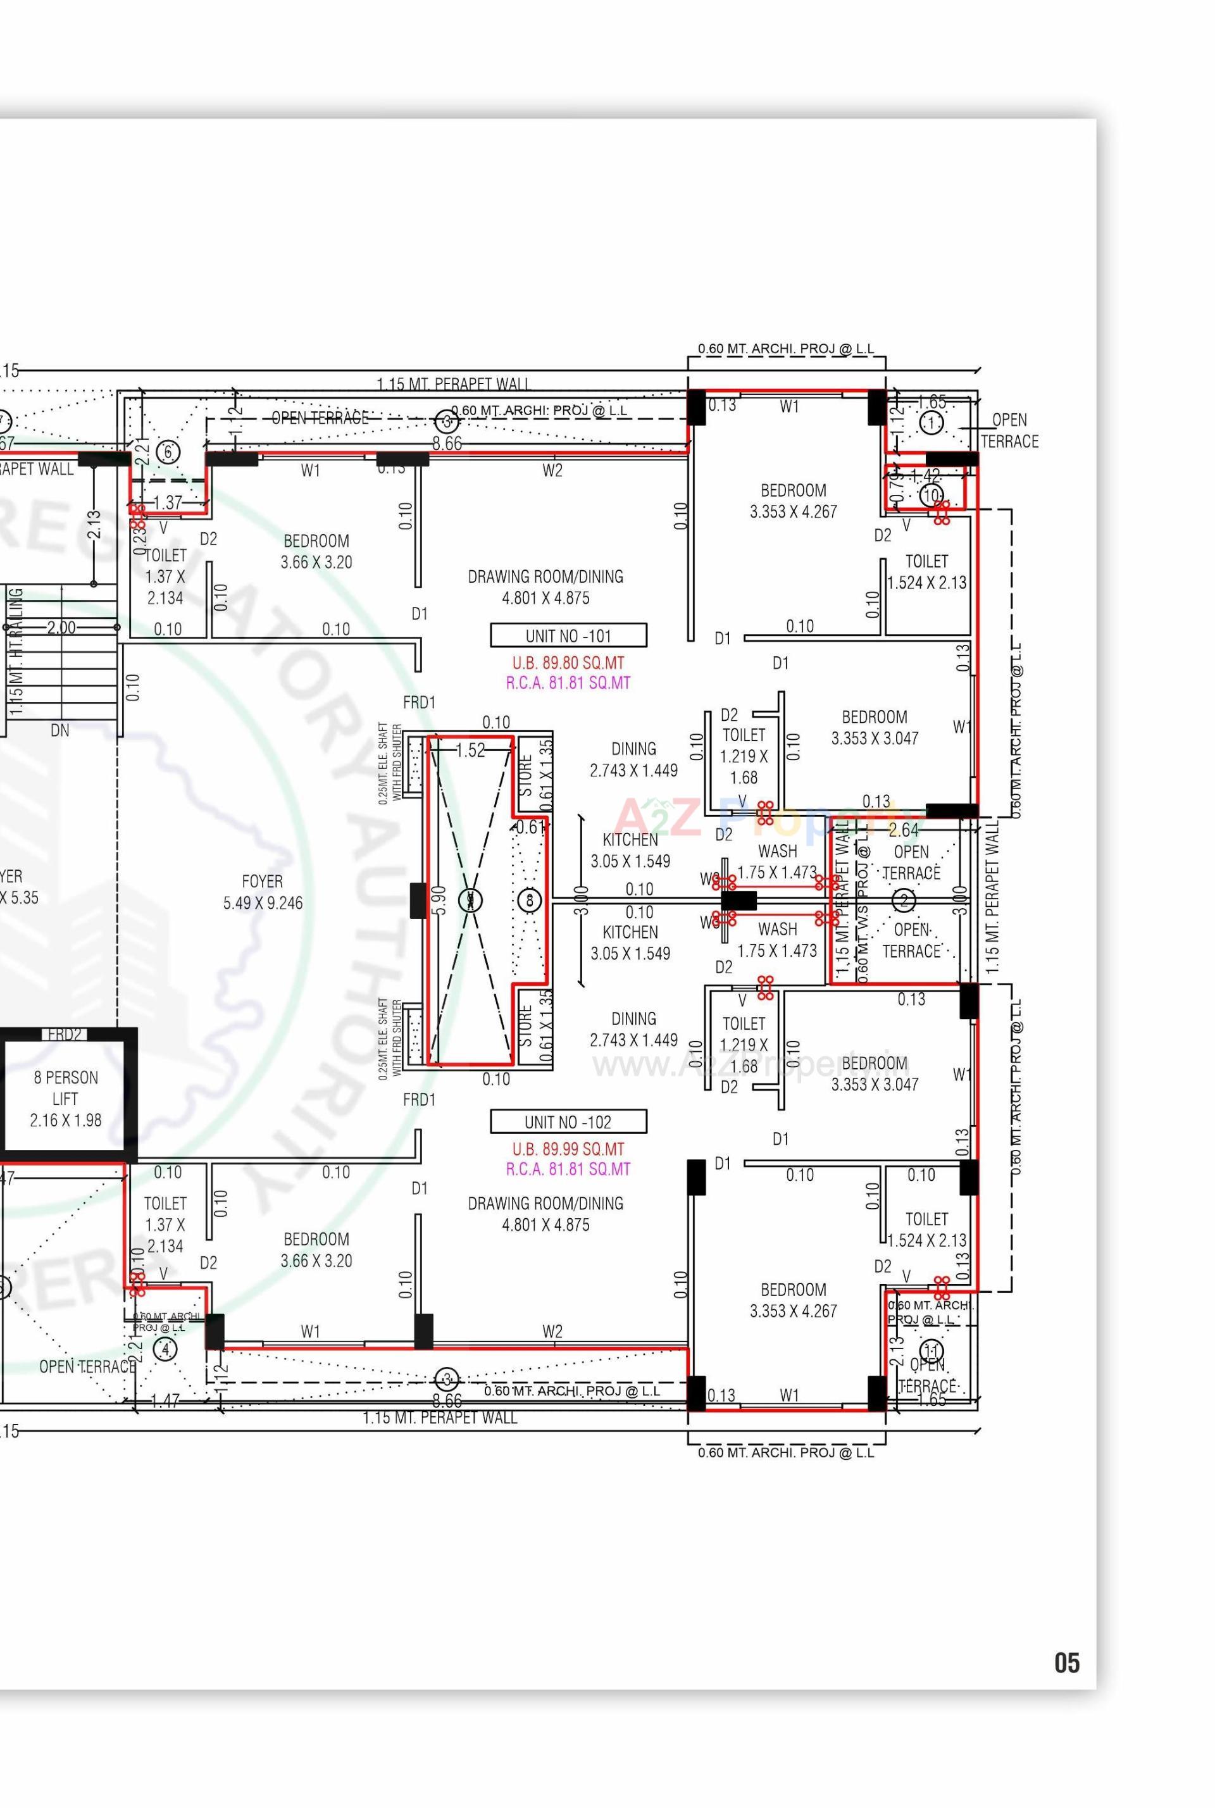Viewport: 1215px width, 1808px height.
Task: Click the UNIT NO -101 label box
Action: (x=568, y=635)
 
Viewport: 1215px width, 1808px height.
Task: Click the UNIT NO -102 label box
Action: (x=568, y=1121)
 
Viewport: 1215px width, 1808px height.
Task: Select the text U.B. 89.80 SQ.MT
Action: (x=568, y=663)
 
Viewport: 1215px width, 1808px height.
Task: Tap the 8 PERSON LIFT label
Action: (x=65, y=1098)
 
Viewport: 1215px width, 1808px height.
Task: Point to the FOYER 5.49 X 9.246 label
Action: (x=263, y=892)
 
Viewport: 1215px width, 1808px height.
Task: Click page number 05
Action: (x=1066, y=1662)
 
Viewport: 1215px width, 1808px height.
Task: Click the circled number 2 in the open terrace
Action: (x=904, y=901)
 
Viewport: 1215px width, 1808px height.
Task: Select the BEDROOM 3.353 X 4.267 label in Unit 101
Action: (x=793, y=501)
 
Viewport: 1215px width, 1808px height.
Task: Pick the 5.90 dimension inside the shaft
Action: (x=439, y=901)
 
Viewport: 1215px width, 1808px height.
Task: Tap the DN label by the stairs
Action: (x=59, y=730)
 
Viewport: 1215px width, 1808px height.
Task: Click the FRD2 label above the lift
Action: (x=65, y=1035)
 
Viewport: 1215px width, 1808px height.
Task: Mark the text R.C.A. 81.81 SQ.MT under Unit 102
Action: (x=568, y=1169)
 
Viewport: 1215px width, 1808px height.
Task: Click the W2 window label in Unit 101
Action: (x=552, y=470)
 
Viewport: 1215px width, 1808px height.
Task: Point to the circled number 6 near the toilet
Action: (x=168, y=452)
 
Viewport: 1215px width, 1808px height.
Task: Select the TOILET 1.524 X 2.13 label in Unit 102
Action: (x=926, y=1230)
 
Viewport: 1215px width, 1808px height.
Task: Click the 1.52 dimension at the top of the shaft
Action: (x=470, y=749)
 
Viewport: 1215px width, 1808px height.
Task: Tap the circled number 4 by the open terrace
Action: (x=165, y=1349)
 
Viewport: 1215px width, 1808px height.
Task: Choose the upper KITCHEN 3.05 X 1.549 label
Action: (x=630, y=850)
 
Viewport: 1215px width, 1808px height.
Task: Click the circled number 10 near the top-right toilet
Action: (x=931, y=496)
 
